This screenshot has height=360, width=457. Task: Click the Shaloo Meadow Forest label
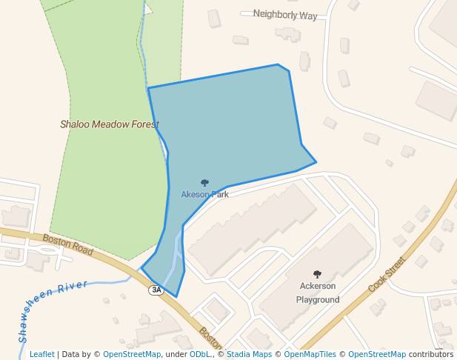tap(110, 124)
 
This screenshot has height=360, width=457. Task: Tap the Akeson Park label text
tap(204, 194)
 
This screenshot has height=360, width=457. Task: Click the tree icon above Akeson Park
tap(205, 182)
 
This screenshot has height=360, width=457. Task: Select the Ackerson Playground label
tap(318, 293)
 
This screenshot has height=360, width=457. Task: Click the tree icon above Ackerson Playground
tap(318, 274)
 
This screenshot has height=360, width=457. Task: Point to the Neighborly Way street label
tap(284, 15)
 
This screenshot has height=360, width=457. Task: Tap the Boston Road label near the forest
tap(67, 244)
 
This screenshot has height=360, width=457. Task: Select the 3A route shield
tap(156, 290)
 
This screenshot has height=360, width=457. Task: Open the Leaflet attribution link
tap(42, 354)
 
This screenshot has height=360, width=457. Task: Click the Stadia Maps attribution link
tap(248, 354)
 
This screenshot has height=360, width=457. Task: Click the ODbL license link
tap(199, 354)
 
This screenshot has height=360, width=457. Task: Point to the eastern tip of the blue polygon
tap(316, 161)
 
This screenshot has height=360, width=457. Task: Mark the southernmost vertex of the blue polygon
tap(176, 297)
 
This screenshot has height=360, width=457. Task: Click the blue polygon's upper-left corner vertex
tap(148, 88)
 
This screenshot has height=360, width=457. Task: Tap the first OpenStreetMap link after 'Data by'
tap(132, 354)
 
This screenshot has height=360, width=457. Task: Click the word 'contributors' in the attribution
tap(431, 354)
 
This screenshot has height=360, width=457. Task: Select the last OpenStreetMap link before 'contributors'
tap(377, 354)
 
